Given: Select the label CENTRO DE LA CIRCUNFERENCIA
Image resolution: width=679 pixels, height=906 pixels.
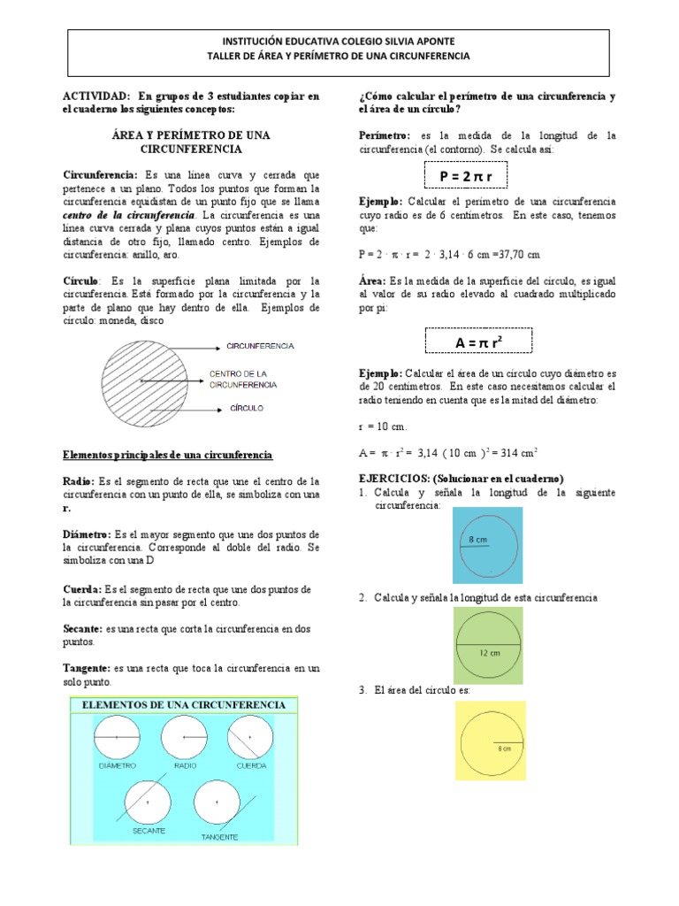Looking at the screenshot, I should point(243,379).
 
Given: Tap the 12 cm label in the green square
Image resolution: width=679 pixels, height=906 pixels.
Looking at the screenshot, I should point(490,652).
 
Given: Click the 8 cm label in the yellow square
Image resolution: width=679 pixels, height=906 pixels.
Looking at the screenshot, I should point(505,748).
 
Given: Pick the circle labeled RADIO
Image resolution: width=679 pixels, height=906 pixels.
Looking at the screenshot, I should point(184,736).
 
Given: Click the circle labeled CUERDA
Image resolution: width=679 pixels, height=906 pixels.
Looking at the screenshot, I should point(250,736).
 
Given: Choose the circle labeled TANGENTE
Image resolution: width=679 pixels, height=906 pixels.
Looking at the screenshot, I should point(217,802).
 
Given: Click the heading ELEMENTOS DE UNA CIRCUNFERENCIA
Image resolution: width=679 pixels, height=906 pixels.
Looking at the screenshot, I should point(184,704).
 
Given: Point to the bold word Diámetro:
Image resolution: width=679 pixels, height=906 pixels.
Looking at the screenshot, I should point(87,535).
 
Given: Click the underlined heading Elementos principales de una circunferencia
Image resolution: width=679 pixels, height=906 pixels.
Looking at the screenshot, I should point(168,455).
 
